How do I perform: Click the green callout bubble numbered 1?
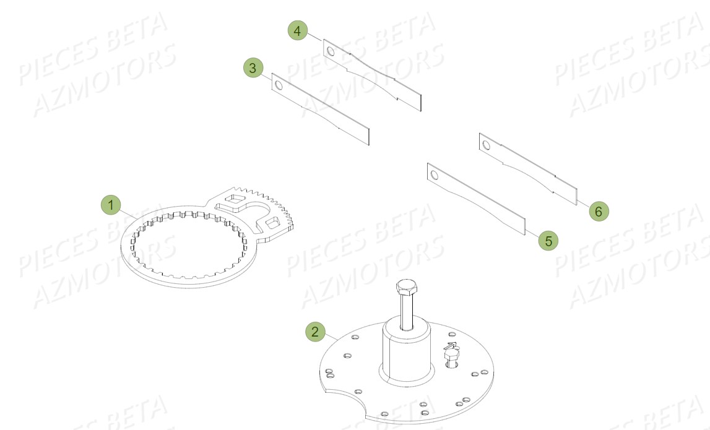[111, 205]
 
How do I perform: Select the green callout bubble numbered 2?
[316, 332]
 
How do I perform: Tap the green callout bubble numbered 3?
[253, 67]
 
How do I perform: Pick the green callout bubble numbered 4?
[298, 30]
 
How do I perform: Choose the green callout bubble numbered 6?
[598, 211]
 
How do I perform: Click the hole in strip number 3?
[278, 85]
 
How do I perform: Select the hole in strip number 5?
[434, 175]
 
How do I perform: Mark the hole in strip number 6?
[486, 145]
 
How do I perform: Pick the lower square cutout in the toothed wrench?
[271, 221]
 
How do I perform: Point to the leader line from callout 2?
[331, 337]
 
